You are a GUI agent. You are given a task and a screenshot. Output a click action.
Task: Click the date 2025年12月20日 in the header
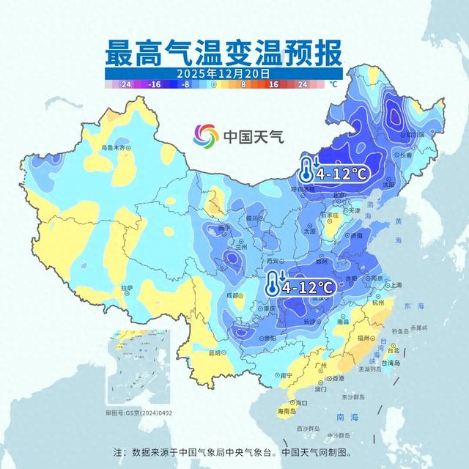(224, 74)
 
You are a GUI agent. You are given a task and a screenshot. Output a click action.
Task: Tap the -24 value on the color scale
(125, 85)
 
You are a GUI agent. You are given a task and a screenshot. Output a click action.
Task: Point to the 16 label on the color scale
(270, 85)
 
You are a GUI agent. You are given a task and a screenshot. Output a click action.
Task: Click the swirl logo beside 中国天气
(206, 136)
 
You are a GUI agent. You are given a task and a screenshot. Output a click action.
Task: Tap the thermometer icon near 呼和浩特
(306, 170)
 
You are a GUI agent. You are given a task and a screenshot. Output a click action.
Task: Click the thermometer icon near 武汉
(273, 283)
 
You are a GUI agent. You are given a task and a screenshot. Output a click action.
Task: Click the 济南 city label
(356, 236)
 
